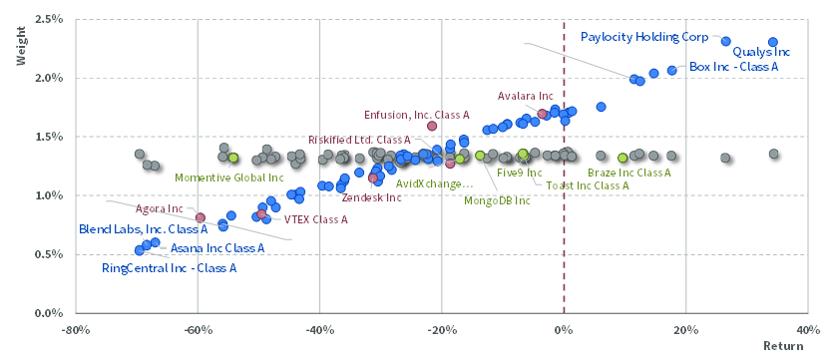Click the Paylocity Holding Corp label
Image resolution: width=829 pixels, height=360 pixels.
coord(644,37)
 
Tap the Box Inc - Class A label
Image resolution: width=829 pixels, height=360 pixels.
coord(734,67)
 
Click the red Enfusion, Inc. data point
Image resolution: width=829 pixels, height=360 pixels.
coord(432,126)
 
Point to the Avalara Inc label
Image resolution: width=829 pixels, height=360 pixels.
coord(526,96)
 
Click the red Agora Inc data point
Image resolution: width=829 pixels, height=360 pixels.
coord(201,217)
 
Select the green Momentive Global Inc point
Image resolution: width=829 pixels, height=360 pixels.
coord(233,158)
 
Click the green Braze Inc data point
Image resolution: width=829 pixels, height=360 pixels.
coord(622,158)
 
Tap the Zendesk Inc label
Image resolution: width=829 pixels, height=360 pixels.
coord(371,198)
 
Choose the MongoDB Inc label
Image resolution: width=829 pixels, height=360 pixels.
coord(497,200)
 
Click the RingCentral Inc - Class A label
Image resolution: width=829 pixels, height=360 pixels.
coord(170,268)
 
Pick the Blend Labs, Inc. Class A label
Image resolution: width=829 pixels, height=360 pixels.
coord(143,230)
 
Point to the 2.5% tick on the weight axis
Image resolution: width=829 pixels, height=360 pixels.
coord(50,20)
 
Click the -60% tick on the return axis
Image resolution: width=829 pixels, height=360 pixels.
coord(197,330)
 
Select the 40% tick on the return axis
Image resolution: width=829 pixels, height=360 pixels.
coord(807,330)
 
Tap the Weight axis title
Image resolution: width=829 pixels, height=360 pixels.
coord(21,51)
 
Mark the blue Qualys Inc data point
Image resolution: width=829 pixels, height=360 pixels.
coord(773,42)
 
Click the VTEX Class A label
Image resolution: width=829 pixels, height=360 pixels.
coord(315,219)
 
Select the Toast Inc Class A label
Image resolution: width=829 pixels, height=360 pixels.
coord(588,185)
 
